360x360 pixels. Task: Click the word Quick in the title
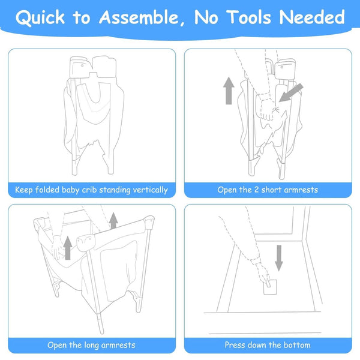pos(40,17)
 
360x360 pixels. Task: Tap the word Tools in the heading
pos(249,17)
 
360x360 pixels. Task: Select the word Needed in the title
pos(312,17)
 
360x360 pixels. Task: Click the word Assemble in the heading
pos(139,17)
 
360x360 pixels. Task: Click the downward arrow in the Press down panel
pos(279,258)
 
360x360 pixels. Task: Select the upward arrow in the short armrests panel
pos(229,91)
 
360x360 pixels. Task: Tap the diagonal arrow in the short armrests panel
pos(291,93)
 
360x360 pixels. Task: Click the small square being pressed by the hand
pos(270,287)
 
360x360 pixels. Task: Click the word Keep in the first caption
pos(24,190)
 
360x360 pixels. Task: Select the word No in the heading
pos(206,17)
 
